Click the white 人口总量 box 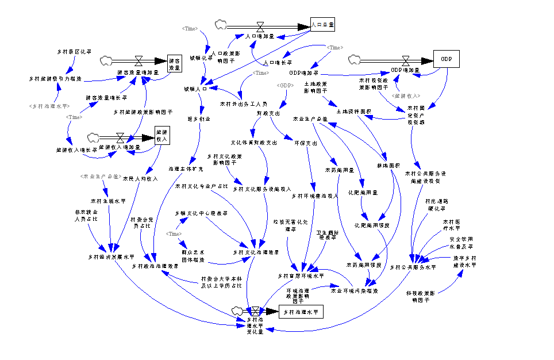[x=322, y=25]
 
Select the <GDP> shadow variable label [x=285, y=86]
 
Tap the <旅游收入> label [x=406, y=96]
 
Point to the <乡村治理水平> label [x=49, y=106]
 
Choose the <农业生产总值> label [x=101, y=177]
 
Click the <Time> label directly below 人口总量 [x=334, y=48]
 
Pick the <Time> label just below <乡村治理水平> [x=74, y=117]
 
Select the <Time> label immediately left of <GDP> [x=261, y=73]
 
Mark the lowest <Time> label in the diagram [x=174, y=234]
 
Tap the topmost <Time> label [x=190, y=29]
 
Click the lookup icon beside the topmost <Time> [x=221, y=24]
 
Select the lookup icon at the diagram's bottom [x=237, y=311]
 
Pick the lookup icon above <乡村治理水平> [x=106, y=60]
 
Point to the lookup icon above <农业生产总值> [x=93, y=137]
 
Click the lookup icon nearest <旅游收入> [x=355, y=59]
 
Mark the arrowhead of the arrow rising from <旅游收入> [x=397, y=78]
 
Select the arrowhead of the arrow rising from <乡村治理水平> [x=57, y=86]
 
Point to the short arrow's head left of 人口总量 [x=281, y=37]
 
